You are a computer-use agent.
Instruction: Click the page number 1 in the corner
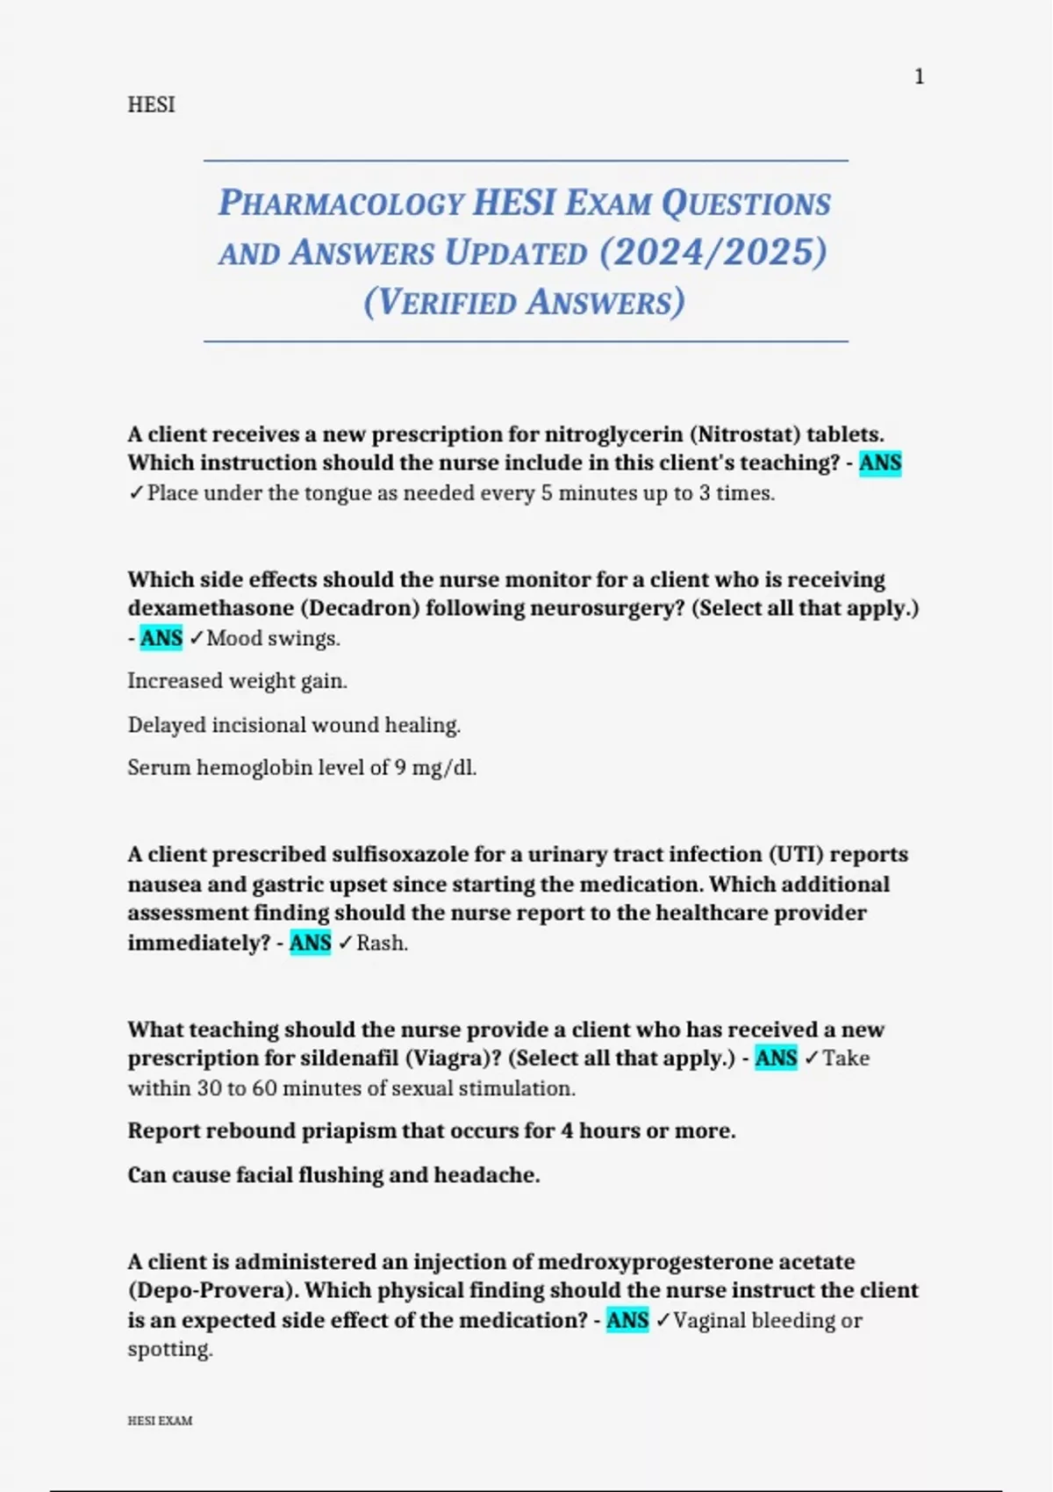pyautogui.click(x=919, y=77)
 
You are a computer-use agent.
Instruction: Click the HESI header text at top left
pyautogui.click(x=151, y=104)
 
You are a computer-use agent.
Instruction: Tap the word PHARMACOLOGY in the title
pyautogui.click(x=340, y=203)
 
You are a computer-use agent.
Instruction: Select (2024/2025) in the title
pyautogui.click(x=713, y=253)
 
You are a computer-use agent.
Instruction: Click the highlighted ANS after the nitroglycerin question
pyautogui.click(x=880, y=463)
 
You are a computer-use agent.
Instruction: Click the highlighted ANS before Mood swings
pyautogui.click(x=161, y=638)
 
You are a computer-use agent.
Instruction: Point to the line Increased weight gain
pyautogui.click(x=237, y=681)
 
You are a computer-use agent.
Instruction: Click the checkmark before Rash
pyautogui.click(x=345, y=943)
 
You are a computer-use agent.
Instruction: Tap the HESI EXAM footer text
pyautogui.click(x=160, y=1421)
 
